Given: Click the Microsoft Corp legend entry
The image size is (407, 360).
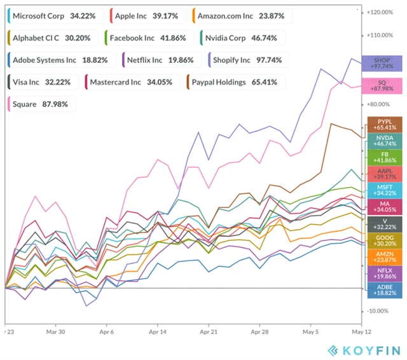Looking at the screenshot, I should pyautogui.click(x=53, y=15).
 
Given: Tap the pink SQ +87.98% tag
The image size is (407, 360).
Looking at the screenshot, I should pyautogui.click(x=382, y=86).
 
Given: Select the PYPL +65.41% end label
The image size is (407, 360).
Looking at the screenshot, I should pyautogui.click(x=384, y=125).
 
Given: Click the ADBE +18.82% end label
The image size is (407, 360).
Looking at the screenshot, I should pyautogui.click(x=384, y=290).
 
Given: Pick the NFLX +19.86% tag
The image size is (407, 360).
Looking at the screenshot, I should pyautogui.click(x=384, y=273).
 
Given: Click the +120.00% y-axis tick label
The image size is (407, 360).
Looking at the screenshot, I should pyautogui.click(x=383, y=12).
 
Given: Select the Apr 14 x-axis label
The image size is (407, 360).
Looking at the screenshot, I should pyautogui.click(x=158, y=332).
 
